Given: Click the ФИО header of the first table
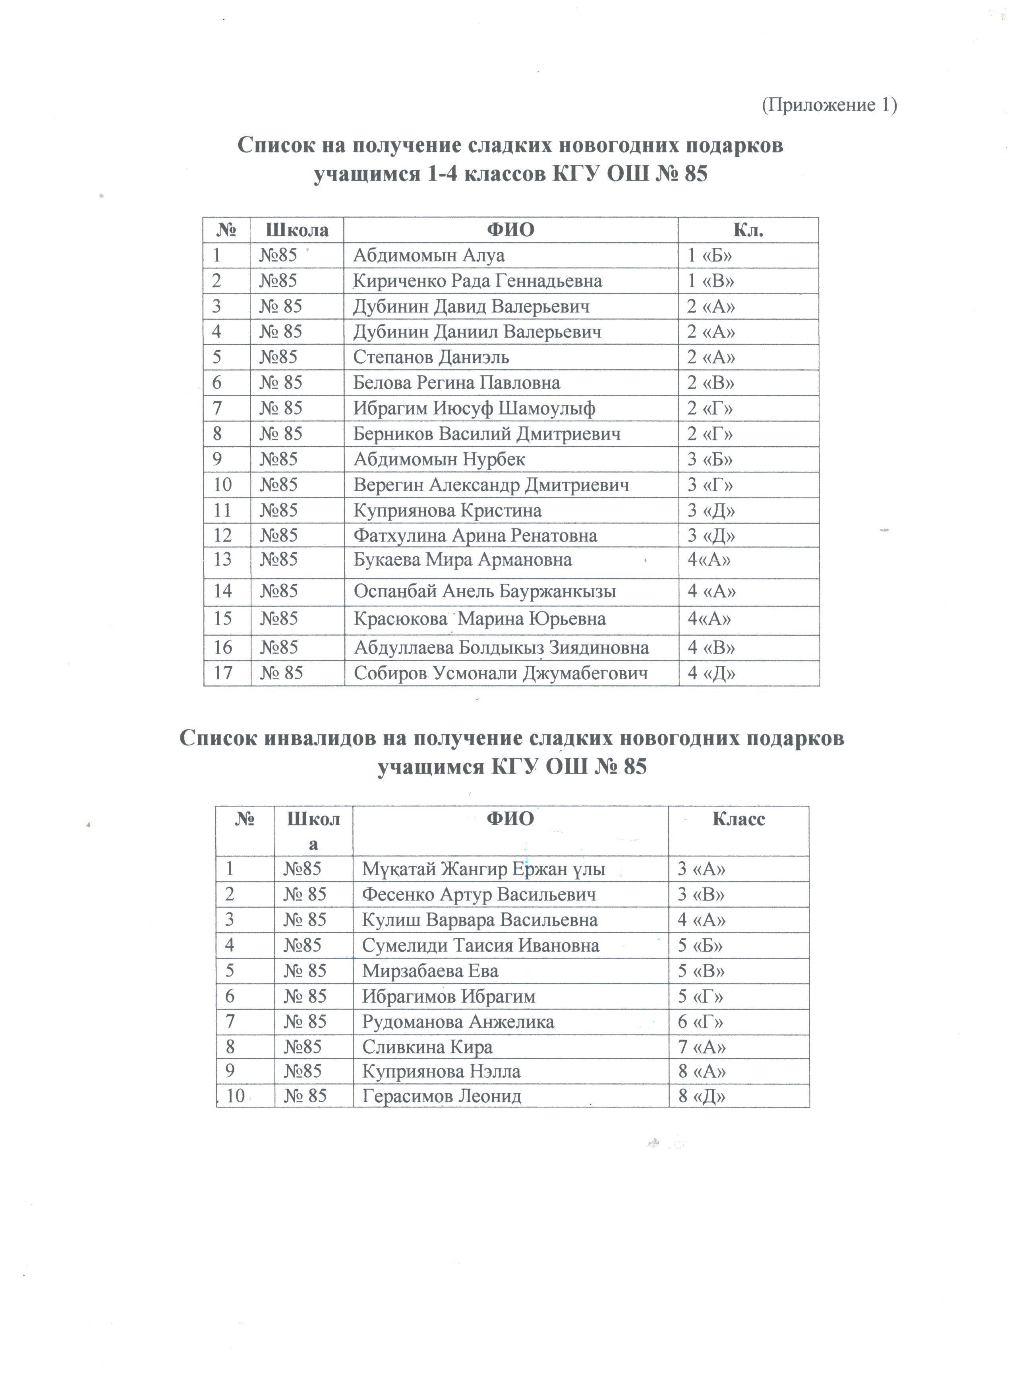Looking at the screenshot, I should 510,230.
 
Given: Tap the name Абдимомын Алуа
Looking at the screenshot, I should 428,255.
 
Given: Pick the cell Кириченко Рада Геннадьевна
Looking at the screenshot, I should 478,281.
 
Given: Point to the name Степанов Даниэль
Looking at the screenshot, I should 431,357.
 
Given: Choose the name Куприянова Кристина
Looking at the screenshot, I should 447,510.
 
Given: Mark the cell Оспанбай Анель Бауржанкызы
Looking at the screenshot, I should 485,592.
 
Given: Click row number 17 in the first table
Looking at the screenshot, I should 222,673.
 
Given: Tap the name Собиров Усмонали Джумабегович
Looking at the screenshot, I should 501,673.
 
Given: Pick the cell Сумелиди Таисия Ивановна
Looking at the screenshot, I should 480,945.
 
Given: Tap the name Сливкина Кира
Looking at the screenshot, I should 427,1047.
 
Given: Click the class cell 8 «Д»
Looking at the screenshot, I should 702,1096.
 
